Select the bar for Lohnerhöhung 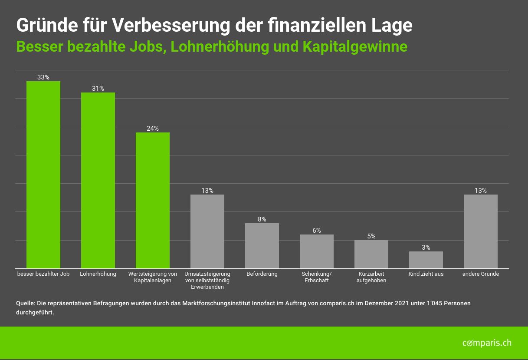pos(98,180)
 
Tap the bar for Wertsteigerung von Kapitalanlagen pos(153,200)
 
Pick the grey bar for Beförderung pos(262,246)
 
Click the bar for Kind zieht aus pos(426,260)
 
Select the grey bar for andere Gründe pos(481,231)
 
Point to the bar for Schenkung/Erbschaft pos(317,251)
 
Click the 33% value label pos(43,77)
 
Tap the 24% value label pos(153,129)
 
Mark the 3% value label pos(426,248)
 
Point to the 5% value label pos(371,236)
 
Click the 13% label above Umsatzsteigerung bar pos(207,191)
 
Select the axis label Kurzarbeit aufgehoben pos(371,277)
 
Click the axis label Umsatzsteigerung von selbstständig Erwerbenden pos(207,280)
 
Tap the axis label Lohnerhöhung pos(98,274)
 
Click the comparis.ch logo pos(487,343)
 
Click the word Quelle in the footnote pos(25,303)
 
